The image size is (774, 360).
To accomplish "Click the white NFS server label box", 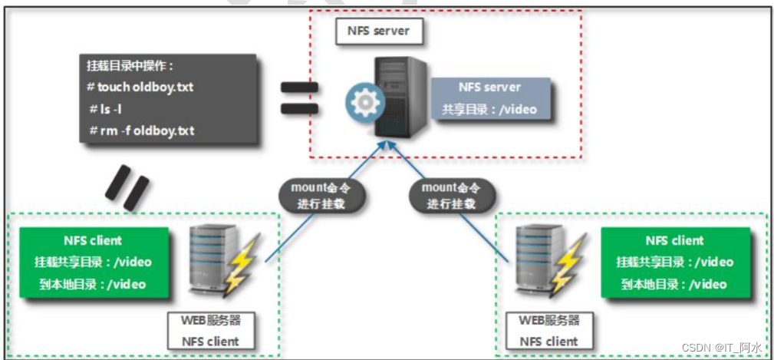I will tap(378, 31).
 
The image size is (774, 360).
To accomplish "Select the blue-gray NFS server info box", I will tap(489, 98).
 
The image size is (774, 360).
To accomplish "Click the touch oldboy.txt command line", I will tap(140, 87).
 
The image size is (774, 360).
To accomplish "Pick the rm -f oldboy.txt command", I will tap(141, 130).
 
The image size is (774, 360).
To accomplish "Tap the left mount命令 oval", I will tap(321, 195).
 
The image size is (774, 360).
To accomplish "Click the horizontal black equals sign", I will tap(299, 97).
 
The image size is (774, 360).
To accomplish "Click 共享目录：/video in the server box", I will tap(489, 109).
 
